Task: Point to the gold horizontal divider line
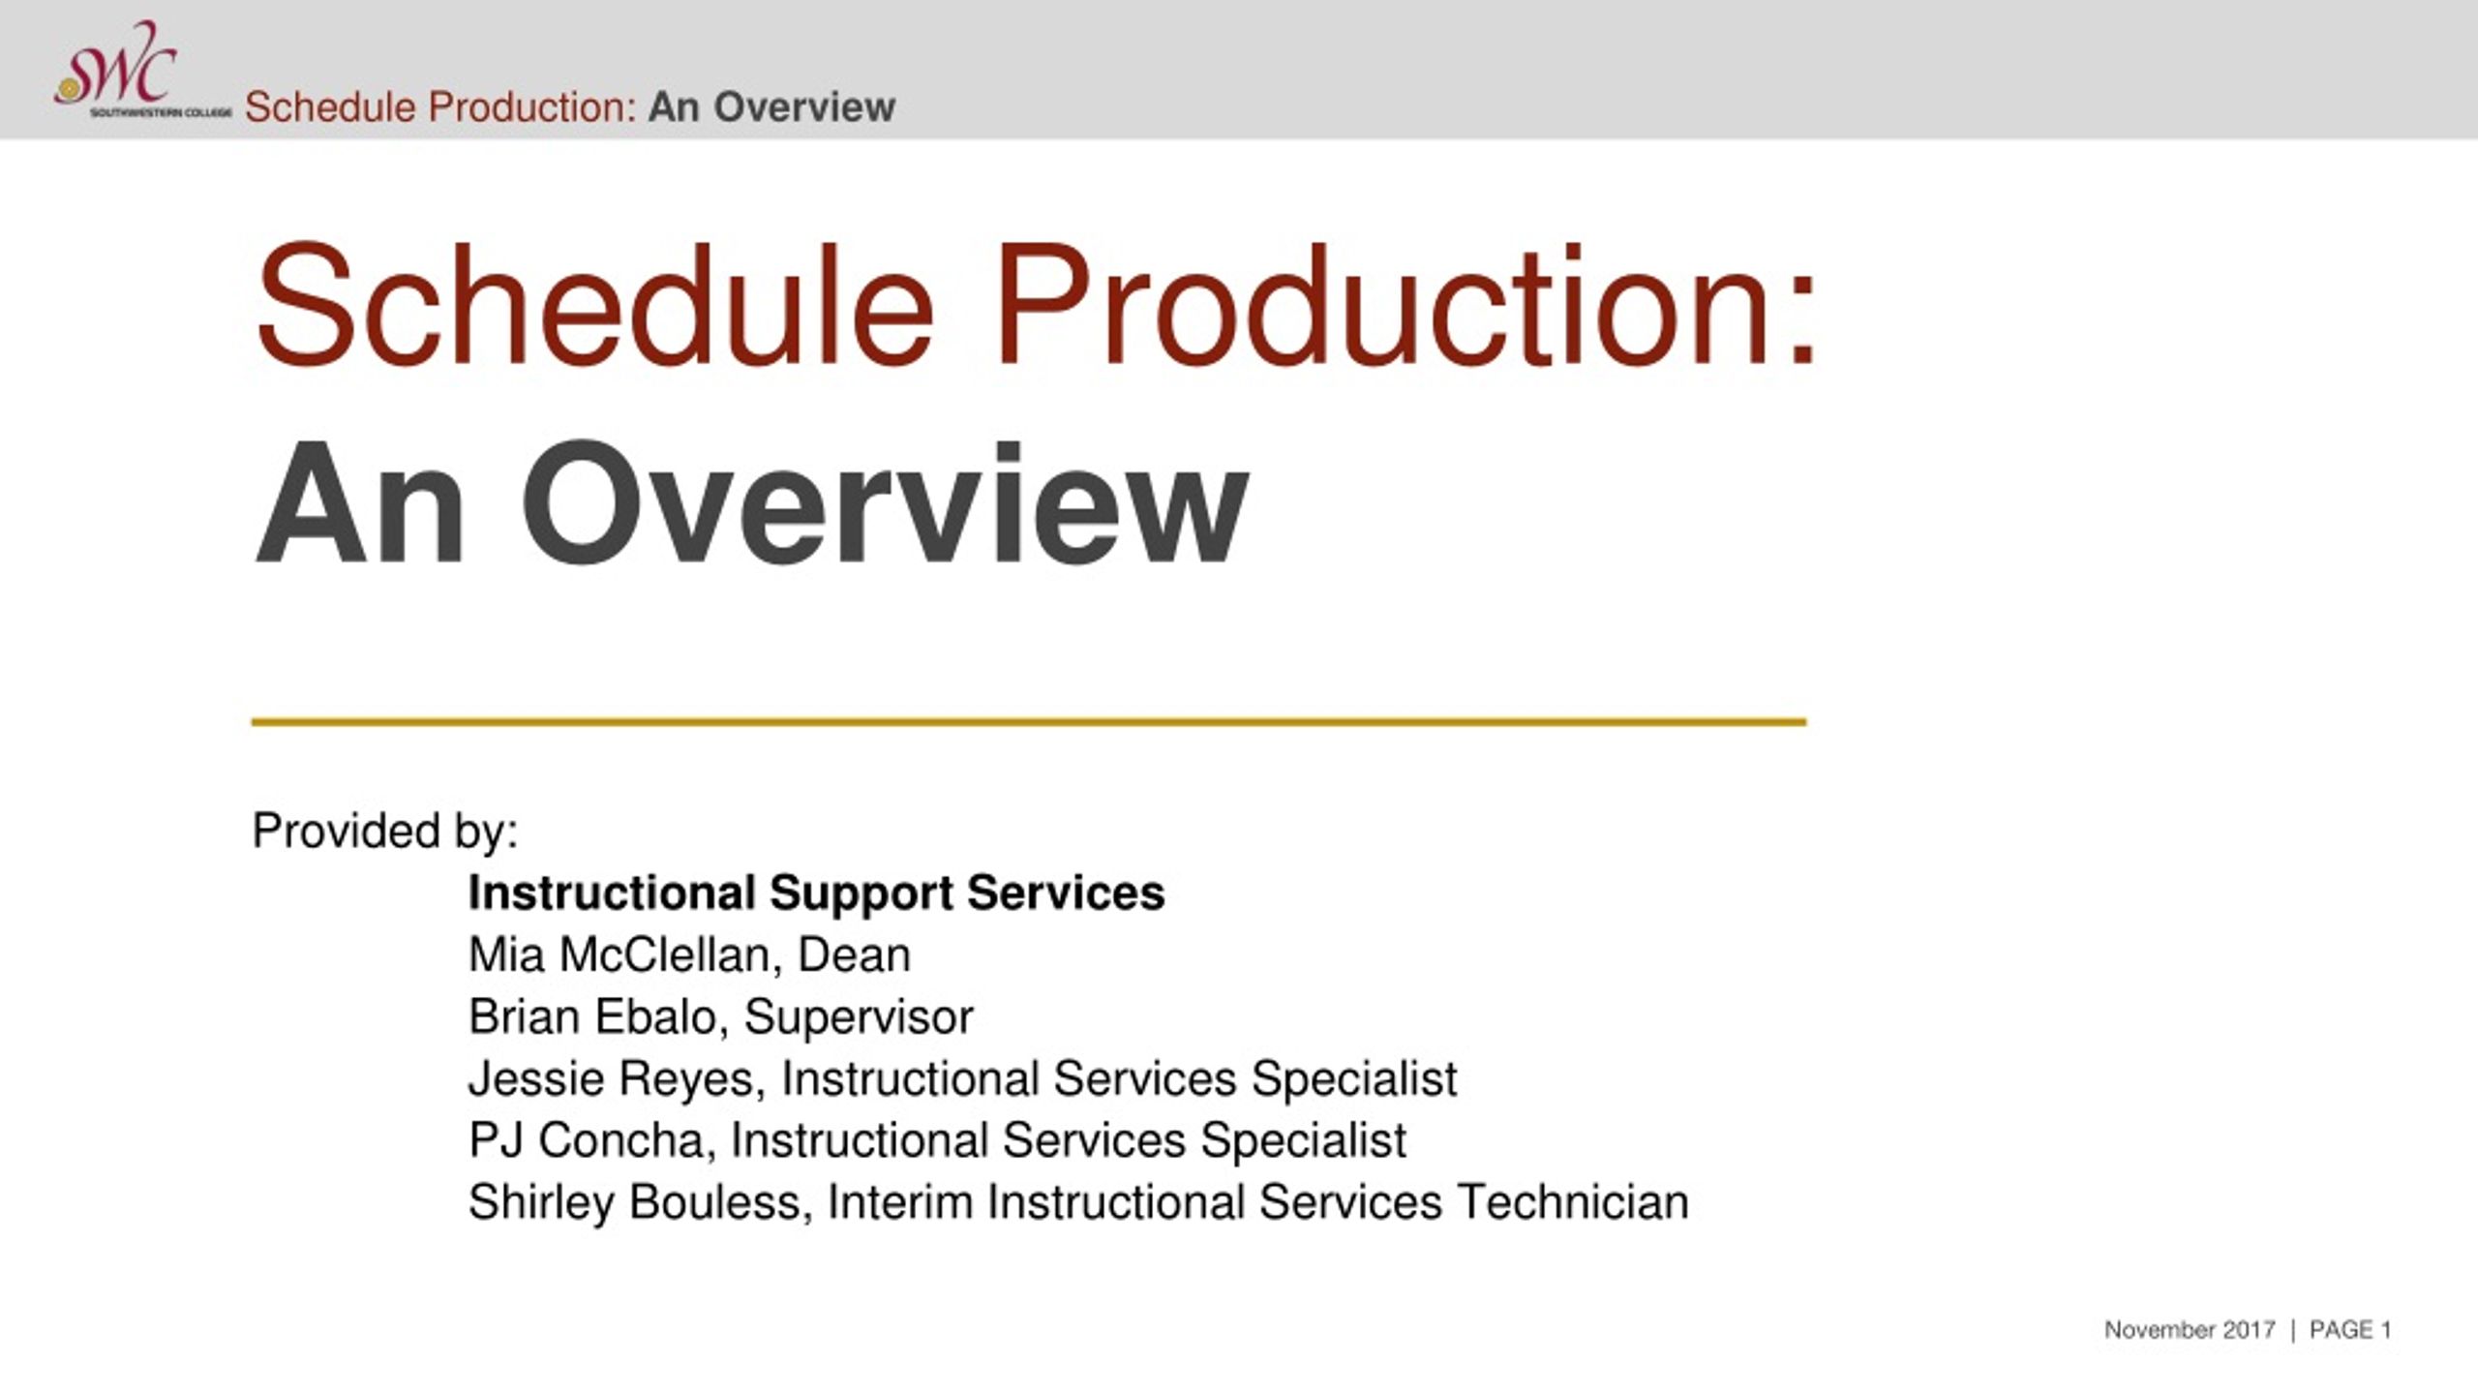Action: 1029,721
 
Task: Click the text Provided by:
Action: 385,832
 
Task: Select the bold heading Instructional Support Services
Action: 817,893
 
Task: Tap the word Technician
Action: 1573,1202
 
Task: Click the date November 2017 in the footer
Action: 2190,1330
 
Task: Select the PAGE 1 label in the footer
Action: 2350,1330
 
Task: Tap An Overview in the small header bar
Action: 771,106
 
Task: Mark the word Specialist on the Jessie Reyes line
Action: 1354,1079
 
